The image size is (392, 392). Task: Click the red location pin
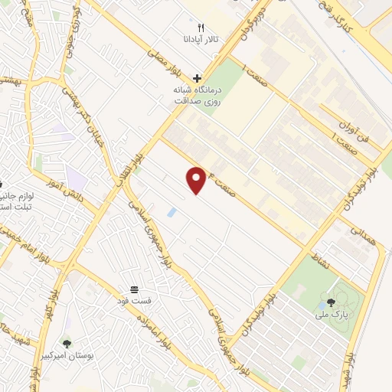click(197, 179)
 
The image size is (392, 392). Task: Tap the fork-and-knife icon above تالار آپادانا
click(201, 27)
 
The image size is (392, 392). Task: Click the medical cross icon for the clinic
click(198, 77)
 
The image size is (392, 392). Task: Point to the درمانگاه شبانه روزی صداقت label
click(198, 93)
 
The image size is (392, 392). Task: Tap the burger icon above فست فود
click(135, 289)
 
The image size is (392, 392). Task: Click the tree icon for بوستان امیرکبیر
click(67, 345)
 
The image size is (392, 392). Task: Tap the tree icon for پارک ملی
click(331, 303)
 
